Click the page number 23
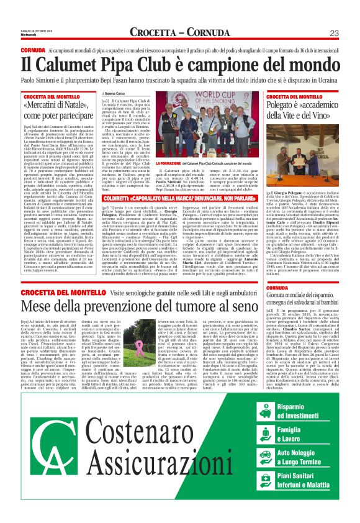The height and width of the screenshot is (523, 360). (x=334, y=33)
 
